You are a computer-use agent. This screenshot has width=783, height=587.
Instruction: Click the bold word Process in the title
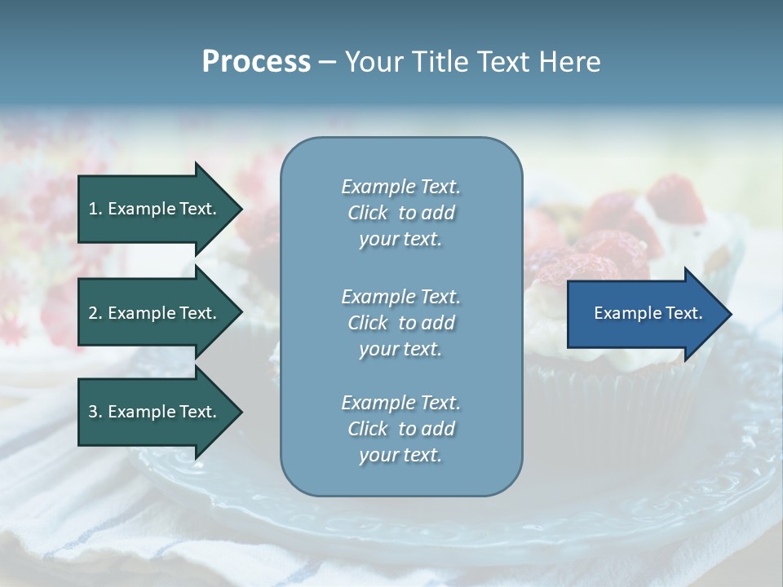pyautogui.click(x=256, y=62)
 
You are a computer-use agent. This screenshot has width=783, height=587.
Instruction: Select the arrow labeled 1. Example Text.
pyautogui.click(x=155, y=209)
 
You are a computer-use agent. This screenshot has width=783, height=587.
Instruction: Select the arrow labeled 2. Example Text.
pyautogui.click(x=155, y=313)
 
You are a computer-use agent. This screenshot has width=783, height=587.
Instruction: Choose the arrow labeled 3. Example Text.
pyautogui.click(x=155, y=412)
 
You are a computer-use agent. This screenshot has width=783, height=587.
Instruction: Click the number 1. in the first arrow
pyautogui.click(x=95, y=209)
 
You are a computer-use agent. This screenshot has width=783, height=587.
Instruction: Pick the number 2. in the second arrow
pyautogui.click(x=95, y=313)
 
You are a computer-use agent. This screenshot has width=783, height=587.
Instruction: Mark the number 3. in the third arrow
pyautogui.click(x=95, y=412)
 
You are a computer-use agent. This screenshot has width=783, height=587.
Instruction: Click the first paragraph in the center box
pyautogui.click(x=400, y=213)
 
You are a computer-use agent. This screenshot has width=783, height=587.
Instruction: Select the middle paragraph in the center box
pyautogui.click(x=400, y=322)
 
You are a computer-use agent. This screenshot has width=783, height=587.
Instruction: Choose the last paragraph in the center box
pyautogui.click(x=400, y=429)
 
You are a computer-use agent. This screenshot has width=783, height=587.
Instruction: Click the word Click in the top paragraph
pyautogui.click(x=367, y=213)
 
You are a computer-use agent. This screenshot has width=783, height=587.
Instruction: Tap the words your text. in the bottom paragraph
pyautogui.click(x=400, y=455)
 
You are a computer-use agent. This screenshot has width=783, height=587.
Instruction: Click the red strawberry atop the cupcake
pyautogui.click(x=676, y=200)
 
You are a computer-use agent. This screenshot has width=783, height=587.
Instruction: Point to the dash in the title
pyautogui.click(x=327, y=63)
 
